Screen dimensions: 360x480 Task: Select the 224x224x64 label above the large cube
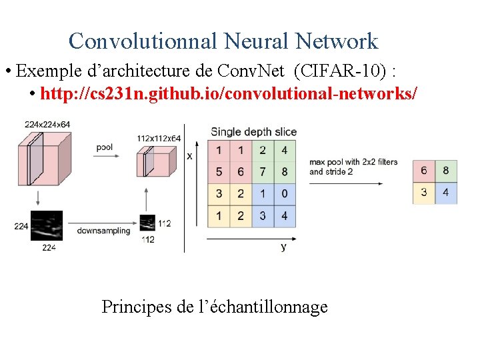click(47, 124)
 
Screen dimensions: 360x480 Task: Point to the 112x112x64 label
click(159, 138)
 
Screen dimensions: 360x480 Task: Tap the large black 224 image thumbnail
click(47, 225)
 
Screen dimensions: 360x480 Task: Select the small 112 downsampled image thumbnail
click(147, 223)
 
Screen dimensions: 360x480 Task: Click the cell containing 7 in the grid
click(263, 172)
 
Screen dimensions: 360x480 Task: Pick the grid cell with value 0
click(285, 194)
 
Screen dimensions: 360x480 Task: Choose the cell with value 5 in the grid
click(219, 172)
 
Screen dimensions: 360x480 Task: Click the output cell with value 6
click(424, 171)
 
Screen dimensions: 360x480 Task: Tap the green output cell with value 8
click(446, 171)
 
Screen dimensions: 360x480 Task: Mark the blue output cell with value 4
click(446, 193)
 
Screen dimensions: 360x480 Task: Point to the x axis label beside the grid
click(190, 156)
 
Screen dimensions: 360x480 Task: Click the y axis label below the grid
click(283, 247)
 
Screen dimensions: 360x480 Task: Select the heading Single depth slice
click(253, 132)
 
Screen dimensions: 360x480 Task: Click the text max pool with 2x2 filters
click(353, 162)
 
